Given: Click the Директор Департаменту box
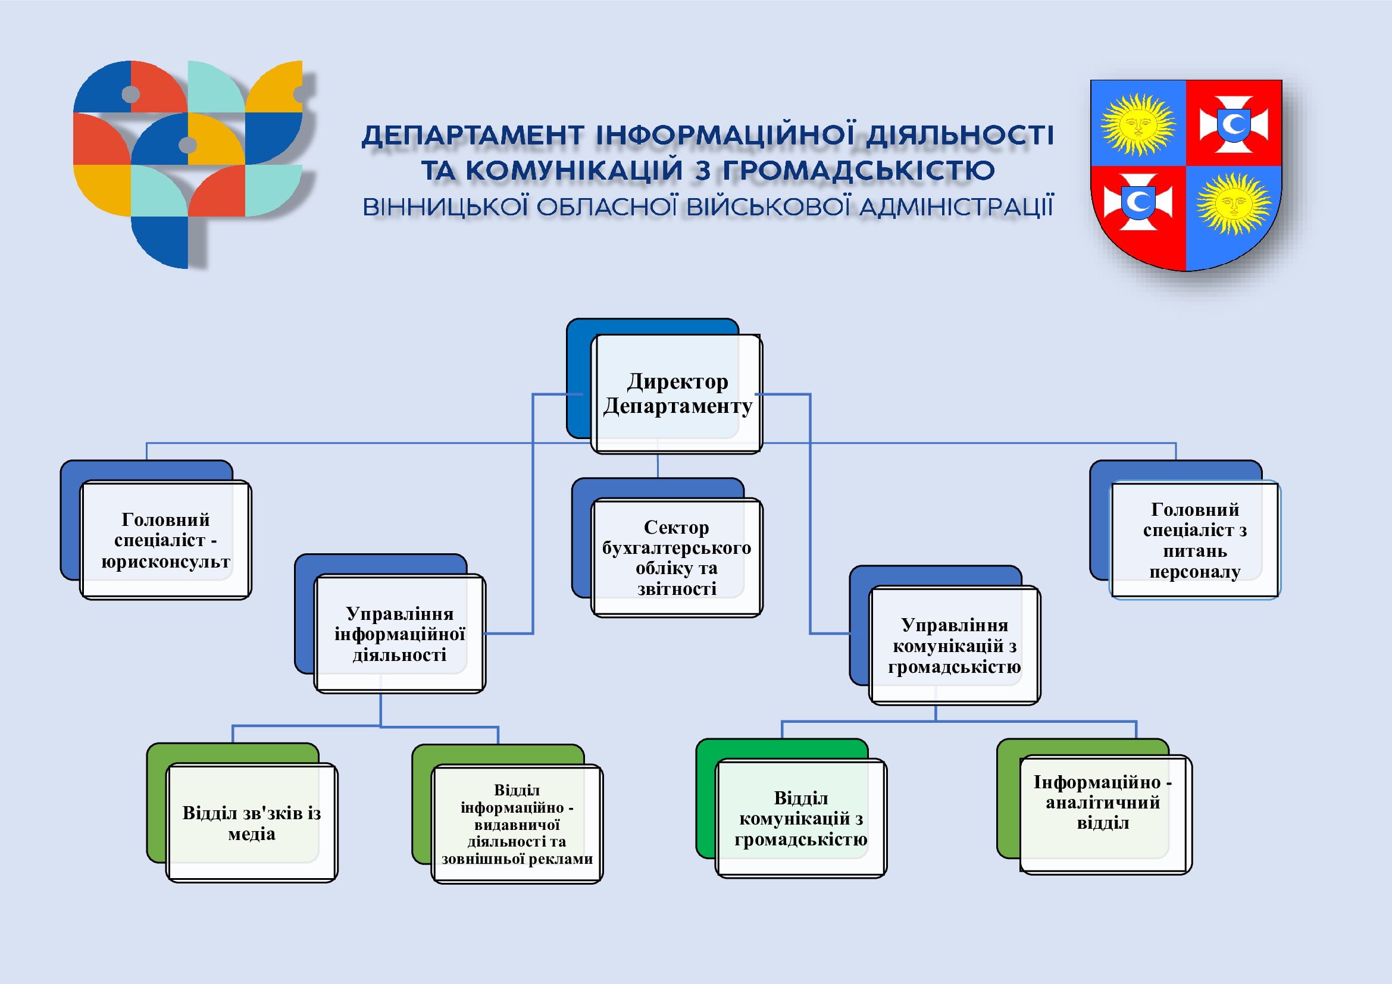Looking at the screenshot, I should tap(677, 394).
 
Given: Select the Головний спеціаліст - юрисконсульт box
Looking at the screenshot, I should tap(165, 540).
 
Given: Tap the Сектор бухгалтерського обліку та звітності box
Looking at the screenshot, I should tap(677, 557).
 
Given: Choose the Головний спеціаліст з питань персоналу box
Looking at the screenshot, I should tap(1194, 540).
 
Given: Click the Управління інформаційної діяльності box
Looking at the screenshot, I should tap(399, 634).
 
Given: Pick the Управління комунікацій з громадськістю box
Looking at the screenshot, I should tap(954, 645).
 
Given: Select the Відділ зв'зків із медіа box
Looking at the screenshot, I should tap(252, 823).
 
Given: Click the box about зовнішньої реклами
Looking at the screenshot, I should tap(517, 824).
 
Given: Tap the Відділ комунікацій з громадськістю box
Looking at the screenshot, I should tap(800, 818).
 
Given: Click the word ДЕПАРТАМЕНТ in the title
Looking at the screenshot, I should tap(473, 136).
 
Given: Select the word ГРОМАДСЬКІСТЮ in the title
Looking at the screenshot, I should tap(859, 171).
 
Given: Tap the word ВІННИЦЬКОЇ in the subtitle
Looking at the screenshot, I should tap(446, 207).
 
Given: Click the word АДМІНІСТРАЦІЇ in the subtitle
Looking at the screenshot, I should tap(956, 207).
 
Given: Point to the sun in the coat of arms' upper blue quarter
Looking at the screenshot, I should tap(1137, 124).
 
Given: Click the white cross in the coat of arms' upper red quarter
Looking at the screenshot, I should tap(1234, 124).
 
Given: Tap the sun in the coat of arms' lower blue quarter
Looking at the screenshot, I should tap(1233, 203).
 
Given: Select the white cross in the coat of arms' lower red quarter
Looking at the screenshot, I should tap(1138, 202).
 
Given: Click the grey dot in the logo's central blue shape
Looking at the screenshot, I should tap(188, 145).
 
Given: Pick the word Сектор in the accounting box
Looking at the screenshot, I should tap(676, 528).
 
